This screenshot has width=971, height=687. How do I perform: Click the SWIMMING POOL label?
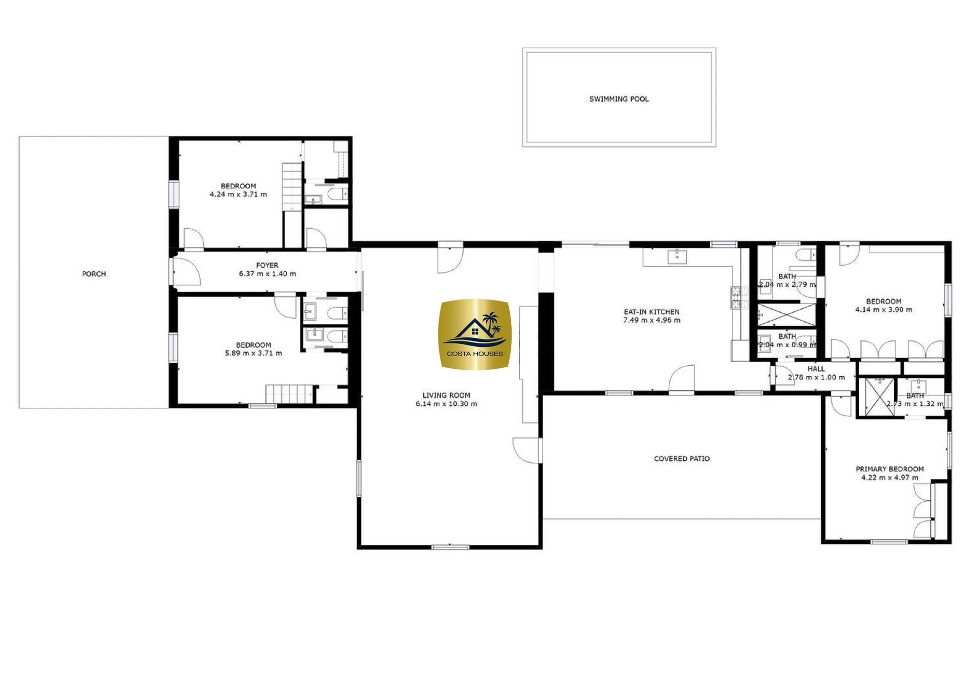tap(619, 99)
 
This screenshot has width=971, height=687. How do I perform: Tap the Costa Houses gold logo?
tap(474, 334)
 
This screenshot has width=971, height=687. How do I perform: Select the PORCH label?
tap(94, 274)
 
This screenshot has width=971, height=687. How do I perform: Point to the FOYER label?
tap(267, 265)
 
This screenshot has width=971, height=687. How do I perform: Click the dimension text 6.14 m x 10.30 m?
tap(446, 404)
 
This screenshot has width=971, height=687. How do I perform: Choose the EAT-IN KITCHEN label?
tap(651, 312)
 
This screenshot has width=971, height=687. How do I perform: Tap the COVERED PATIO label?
tap(682, 459)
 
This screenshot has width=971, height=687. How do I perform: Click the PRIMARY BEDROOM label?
tap(890, 469)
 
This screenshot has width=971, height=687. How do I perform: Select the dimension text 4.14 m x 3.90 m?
tap(884, 310)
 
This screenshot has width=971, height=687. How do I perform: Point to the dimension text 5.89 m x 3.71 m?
tap(253, 353)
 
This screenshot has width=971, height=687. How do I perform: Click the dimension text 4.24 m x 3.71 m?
tap(238, 194)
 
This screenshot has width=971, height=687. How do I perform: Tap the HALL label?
tap(816, 369)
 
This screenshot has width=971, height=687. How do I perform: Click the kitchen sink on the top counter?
tap(677, 256)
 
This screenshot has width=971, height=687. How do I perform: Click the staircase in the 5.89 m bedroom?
tap(289, 394)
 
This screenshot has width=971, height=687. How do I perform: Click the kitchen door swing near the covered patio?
tap(682, 378)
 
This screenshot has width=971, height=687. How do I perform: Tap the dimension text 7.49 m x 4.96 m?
tap(651, 320)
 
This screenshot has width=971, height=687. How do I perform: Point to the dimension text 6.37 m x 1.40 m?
tap(268, 274)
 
